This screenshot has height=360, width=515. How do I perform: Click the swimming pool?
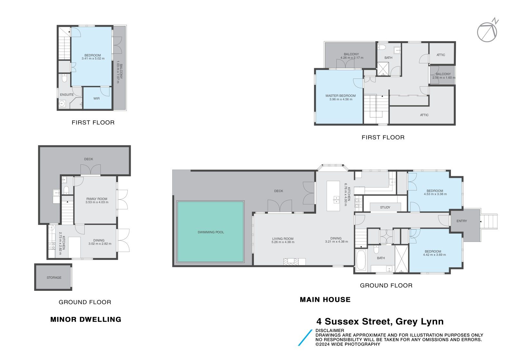click(x=210, y=232)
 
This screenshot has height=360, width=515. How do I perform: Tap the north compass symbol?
click(x=487, y=32)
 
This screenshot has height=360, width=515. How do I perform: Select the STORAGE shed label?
click(x=54, y=278)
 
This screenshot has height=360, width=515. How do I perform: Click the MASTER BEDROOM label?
click(x=341, y=96)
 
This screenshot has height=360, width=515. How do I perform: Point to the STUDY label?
click(x=385, y=208)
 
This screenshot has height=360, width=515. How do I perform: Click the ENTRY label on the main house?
click(x=462, y=221)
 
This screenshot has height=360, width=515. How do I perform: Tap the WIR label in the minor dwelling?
click(x=97, y=98)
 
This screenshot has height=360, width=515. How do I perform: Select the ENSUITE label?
click(x=67, y=95)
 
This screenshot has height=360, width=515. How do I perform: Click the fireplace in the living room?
click(x=294, y=262)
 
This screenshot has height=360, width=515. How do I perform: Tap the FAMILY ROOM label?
click(x=97, y=199)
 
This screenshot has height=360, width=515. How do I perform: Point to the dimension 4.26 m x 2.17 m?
click(x=351, y=58)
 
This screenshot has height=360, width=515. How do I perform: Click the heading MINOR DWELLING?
click(x=86, y=319)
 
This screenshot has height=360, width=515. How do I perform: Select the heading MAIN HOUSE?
click(x=325, y=300)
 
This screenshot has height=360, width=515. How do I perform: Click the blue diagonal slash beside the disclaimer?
click(x=305, y=337)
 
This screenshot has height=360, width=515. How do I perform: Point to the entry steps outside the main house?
click(x=489, y=221)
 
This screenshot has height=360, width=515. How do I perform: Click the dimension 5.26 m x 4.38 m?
click(x=283, y=242)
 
